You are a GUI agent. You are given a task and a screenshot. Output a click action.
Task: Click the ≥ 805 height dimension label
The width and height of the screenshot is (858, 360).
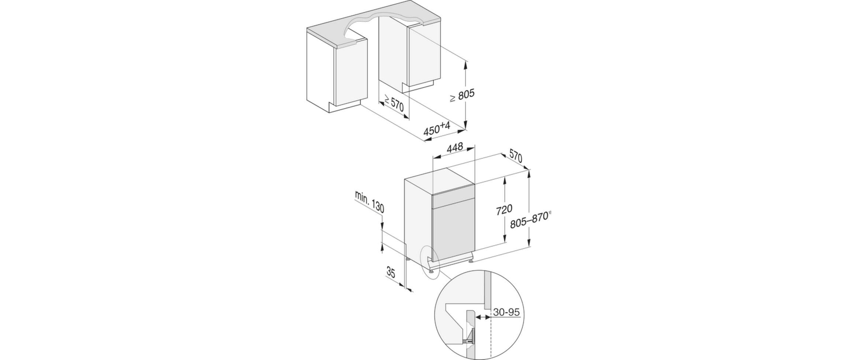click(462, 96)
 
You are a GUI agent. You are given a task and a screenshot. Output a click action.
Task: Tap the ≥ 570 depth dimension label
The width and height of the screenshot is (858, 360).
click(394, 104)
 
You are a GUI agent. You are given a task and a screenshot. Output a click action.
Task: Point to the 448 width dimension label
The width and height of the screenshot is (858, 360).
click(454, 148)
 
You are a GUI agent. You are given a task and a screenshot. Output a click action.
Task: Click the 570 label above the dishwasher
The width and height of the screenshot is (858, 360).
click(516, 156)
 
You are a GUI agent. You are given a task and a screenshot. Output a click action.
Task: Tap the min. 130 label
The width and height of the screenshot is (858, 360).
click(369, 202)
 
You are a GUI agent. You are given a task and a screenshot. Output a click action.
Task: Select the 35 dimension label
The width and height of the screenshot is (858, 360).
click(391, 273)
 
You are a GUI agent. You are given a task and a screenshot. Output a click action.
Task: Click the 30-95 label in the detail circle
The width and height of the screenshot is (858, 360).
click(506, 312)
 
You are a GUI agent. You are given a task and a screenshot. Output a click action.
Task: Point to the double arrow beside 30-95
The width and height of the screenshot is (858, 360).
click(483, 316)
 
